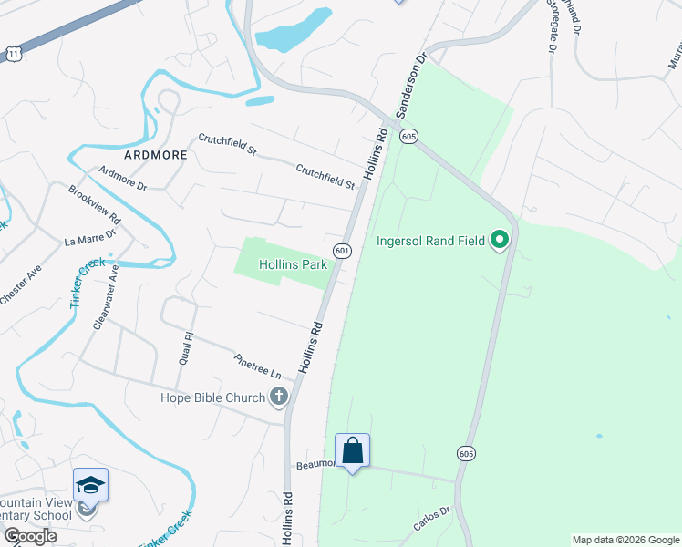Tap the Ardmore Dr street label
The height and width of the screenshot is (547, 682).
pos(123,175)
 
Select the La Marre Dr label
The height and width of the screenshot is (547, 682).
pos(89,239)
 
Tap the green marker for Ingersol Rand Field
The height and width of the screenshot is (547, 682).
pos(500,241)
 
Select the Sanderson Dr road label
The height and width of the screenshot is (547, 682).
pos(411,85)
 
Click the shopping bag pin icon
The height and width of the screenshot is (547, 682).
pos(352,450)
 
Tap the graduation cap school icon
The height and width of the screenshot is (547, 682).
pos(90,484)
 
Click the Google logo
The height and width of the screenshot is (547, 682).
pos(30,536)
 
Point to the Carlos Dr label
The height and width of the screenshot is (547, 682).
pos(432,520)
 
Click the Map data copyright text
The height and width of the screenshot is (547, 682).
pos(625,540)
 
